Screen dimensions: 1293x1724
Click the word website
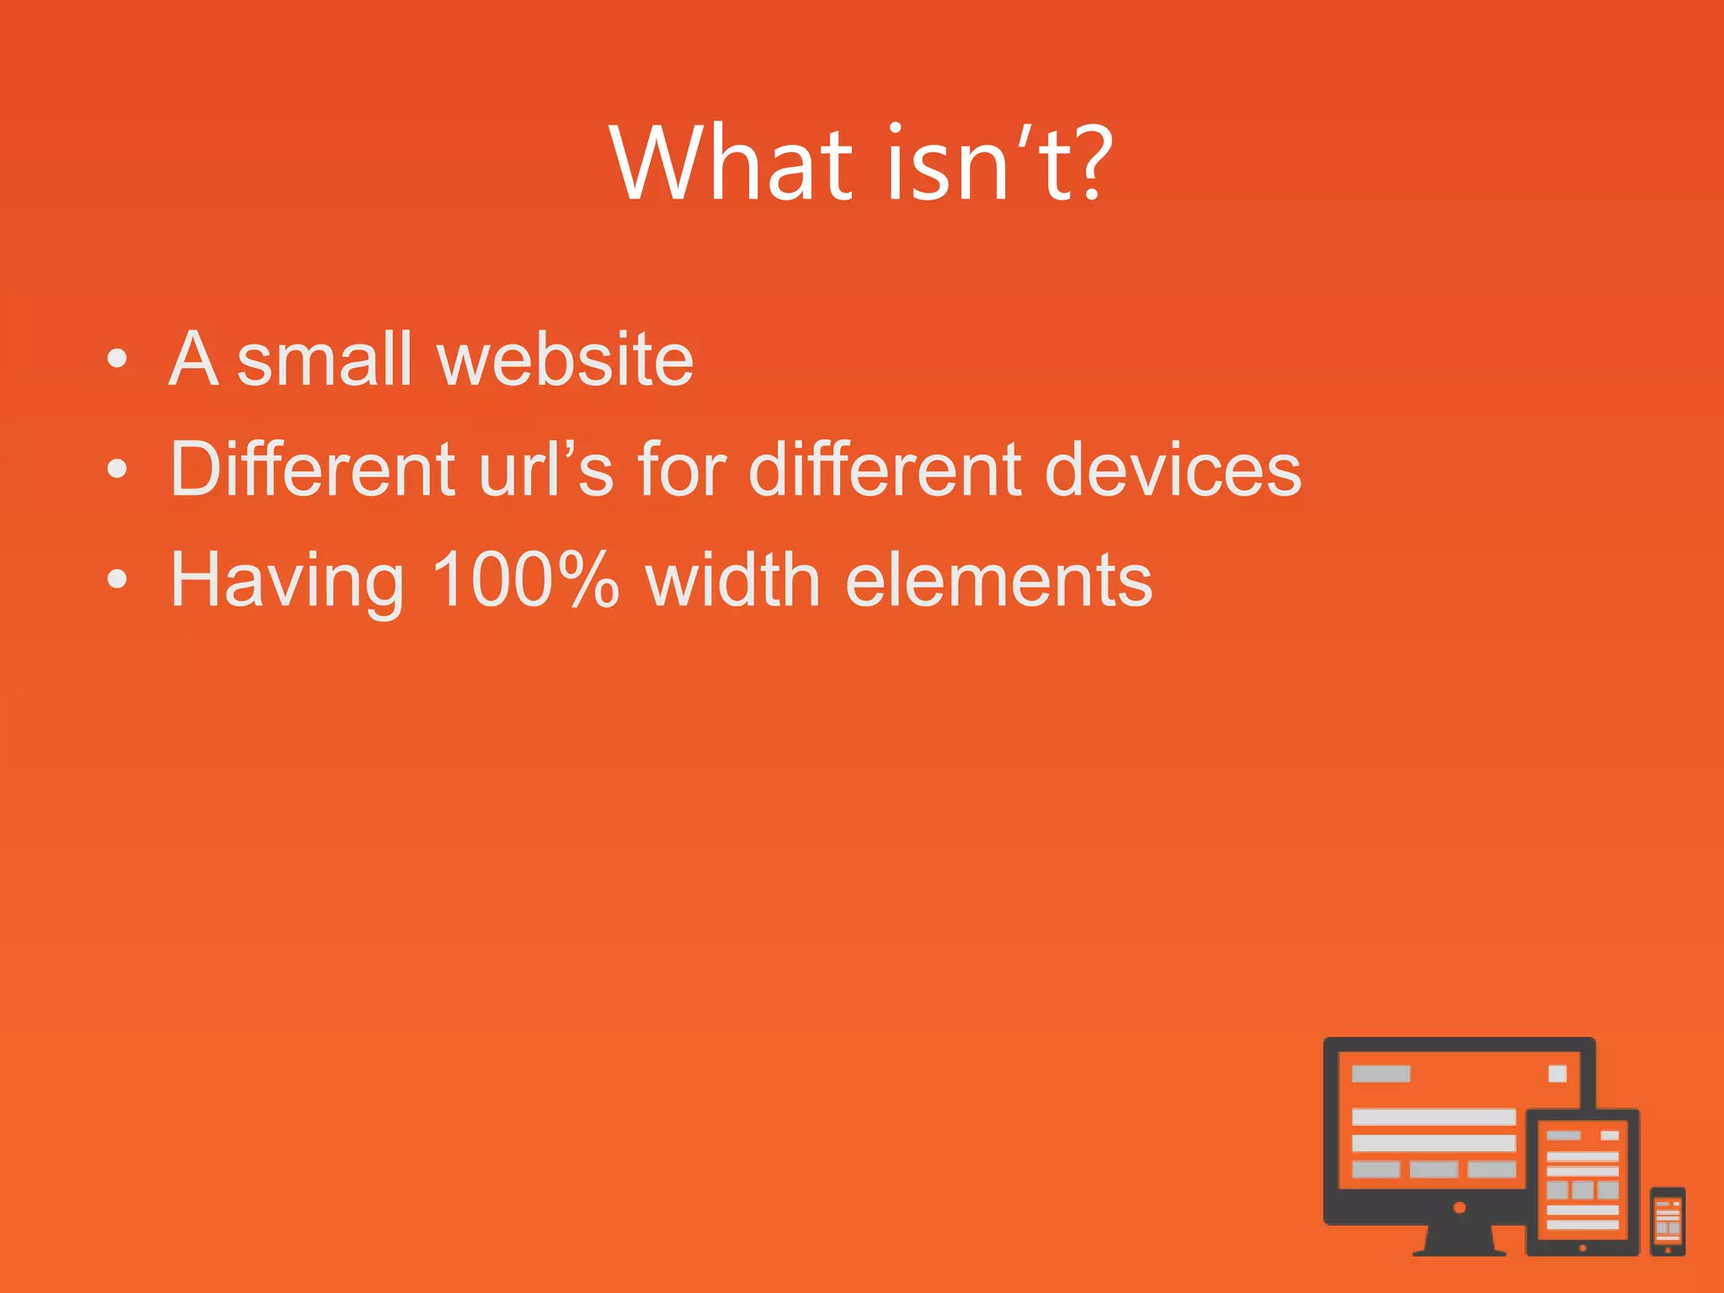tap(565, 359)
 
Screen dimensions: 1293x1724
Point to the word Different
tap(312, 469)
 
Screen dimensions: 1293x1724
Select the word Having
tap(287, 581)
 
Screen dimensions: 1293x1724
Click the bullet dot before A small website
tap(118, 359)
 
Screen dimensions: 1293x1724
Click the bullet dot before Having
tap(118, 579)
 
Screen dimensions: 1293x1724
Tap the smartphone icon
tap(1668, 1221)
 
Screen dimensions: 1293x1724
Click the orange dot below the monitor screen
tap(1460, 1207)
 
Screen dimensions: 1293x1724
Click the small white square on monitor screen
tap(1557, 1073)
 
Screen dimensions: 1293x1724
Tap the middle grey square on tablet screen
tap(1583, 1189)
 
